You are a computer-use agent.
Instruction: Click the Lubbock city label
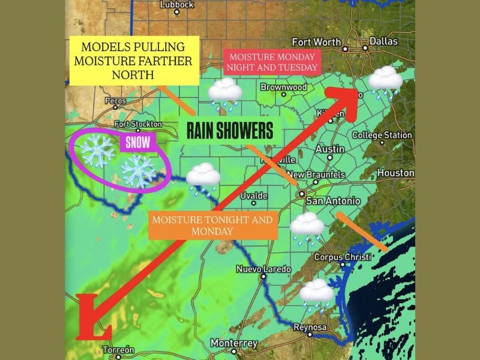(x=177, y=5)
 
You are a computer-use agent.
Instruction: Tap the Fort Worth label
(x=316, y=42)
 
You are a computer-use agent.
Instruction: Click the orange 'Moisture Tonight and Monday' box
(x=212, y=225)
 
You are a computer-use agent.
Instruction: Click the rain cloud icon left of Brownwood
(x=225, y=93)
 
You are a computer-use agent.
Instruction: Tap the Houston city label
(x=395, y=173)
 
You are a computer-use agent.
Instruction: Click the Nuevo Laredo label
(x=263, y=269)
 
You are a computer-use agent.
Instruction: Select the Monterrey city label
(x=234, y=344)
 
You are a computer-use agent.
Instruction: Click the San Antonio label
(x=333, y=201)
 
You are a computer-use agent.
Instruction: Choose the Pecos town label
(x=116, y=101)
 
